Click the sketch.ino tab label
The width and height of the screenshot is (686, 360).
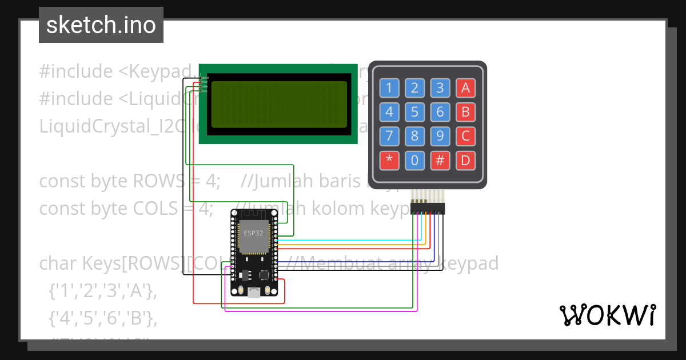coord(101,25)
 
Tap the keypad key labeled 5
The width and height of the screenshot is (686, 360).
coord(414,112)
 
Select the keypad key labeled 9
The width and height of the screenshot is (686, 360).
coord(440,136)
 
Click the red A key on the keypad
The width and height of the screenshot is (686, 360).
coord(465,88)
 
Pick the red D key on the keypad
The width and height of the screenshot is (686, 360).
coord(465,161)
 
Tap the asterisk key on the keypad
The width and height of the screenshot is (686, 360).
coord(389,161)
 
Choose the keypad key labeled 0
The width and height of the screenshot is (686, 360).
coord(414,161)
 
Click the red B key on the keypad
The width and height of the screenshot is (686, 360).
coord(465,112)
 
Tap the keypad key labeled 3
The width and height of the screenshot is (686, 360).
coord(440,88)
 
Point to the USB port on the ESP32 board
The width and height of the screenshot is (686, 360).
coord(253,292)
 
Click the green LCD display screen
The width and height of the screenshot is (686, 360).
coord(279,105)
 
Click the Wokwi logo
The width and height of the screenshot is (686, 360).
coord(607,315)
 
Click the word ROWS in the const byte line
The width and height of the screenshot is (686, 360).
coord(154,181)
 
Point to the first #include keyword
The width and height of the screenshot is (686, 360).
coord(75,71)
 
